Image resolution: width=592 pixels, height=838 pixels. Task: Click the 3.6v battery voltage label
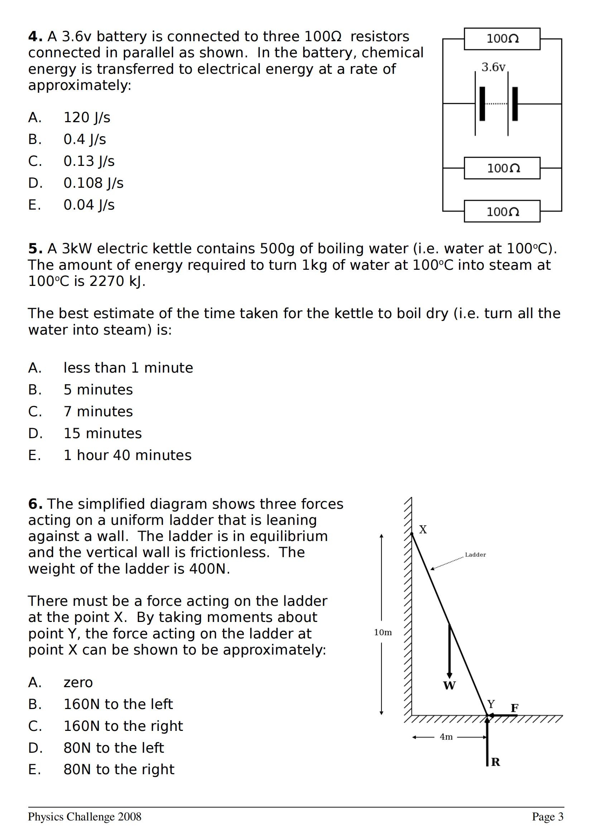pos(493,67)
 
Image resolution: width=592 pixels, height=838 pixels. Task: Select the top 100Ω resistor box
pos(502,39)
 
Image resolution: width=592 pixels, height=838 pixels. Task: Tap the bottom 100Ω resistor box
pos(502,211)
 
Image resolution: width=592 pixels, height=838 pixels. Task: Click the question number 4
pos(35,37)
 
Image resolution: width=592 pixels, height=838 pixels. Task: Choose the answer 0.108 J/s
pos(93,183)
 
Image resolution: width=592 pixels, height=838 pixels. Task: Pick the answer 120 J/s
pos(87,118)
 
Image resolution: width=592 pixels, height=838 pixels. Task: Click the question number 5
pos(35,249)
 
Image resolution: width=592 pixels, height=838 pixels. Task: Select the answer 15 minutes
pos(102,433)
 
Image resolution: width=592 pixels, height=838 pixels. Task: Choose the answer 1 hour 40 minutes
pos(127,455)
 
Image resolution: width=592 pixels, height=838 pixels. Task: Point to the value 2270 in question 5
pos(106,281)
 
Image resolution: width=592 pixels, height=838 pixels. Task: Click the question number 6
pos(35,504)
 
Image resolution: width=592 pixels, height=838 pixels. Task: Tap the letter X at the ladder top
pos(423,530)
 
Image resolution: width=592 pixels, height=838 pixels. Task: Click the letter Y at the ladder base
pos(491,704)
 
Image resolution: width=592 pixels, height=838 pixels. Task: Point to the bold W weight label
pos(449,685)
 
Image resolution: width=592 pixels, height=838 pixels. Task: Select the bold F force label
pos(514,708)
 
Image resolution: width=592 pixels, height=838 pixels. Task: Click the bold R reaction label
pos(496,762)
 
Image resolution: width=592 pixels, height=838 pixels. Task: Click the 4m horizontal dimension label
pos(446,737)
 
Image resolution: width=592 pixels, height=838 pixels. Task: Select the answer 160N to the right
pos(123,726)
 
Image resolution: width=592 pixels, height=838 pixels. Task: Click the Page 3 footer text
pos(548,817)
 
